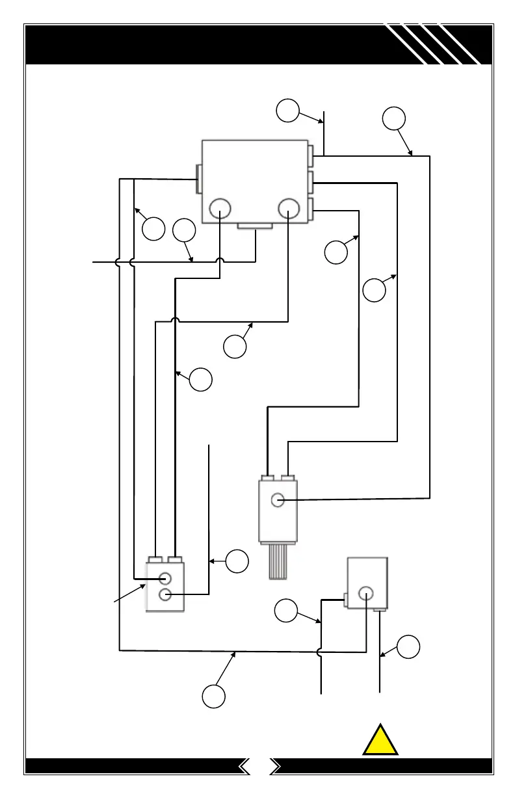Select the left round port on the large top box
(x=220, y=209)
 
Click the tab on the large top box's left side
(x=198, y=179)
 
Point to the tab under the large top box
(x=254, y=226)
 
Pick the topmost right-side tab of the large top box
(x=311, y=155)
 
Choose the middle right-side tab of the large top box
(x=311, y=183)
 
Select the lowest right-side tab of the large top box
(x=311, y=209)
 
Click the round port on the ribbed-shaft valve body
(x=278, y=500)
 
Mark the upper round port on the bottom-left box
(x=165, y=577)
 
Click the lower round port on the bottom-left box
(x=165, y=594)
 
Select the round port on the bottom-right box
(x=365, y=592)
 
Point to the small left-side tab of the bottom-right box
(x=345, y=595)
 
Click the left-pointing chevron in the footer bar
(x=245, y=766)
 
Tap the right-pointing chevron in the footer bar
(x=276, y=766)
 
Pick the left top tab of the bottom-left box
(x=155, y=559)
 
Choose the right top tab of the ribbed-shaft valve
(x=287, y=479)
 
